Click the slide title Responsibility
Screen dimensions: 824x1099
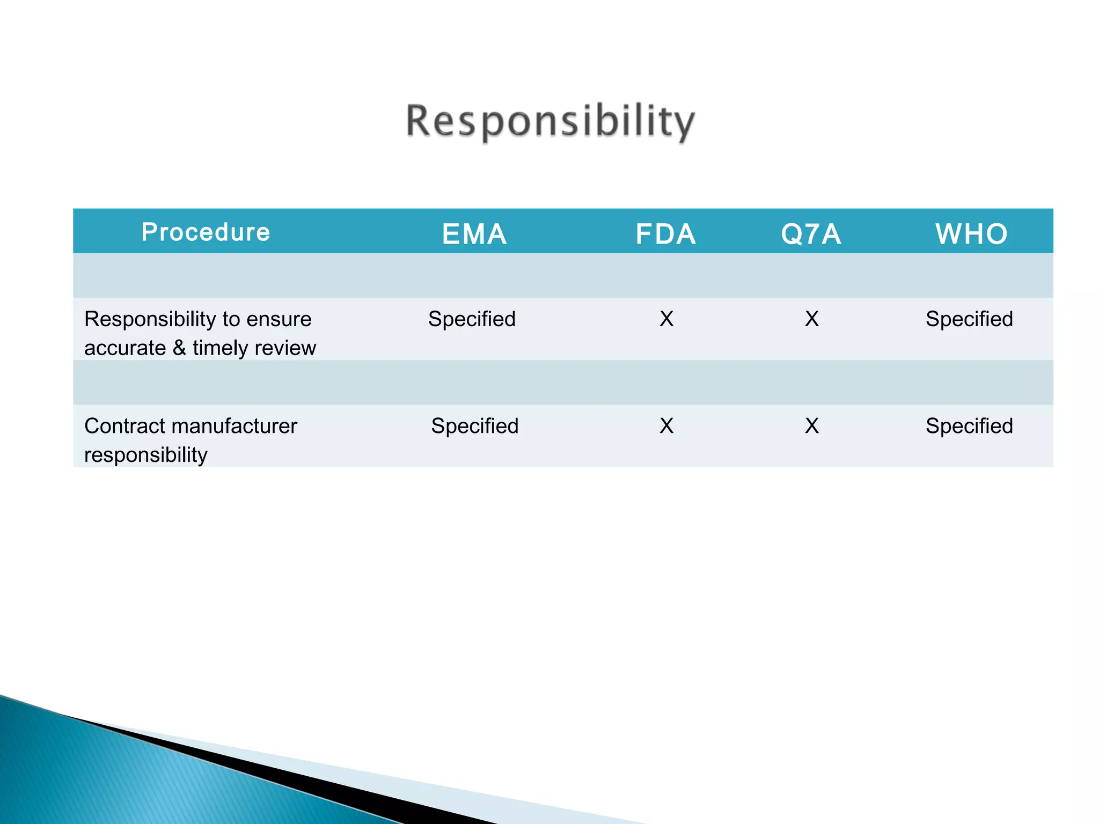pyautogui.click(x=550, y=122)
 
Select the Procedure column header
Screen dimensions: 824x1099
pyautogui.click(x=206, y=232)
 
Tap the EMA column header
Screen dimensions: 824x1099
pyautogui.click(x=474, y=234)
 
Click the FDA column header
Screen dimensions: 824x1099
pyautogui.click(x=665, y=234)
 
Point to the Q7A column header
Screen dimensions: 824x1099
pyautogui.click(x=811, y=234)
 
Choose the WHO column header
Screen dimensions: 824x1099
pyautogui.click(x=971, y=234)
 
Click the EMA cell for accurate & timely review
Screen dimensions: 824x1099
pyautogui.click(x=472, y=319)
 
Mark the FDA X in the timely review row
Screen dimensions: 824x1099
pyautogui.click(x=666, y=319)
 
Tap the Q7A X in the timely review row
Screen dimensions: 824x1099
pyautogui.click(x=812, y=319)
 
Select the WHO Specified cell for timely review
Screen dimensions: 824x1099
pyautogui.click(x=969, y=319)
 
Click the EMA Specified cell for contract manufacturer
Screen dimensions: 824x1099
pyautogui.click(x=475, y=426)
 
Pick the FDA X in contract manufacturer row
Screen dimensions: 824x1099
pyautogui.click(x=666, y=426)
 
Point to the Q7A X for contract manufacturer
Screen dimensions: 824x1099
pyautogui.click(x=812, y=426)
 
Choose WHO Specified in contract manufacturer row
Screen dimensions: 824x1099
pyautogui.click(x=969, y=426)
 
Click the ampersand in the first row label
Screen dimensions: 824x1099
pyautogui.click(x=179, y=348)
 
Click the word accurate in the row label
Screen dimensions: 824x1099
pyautogui.click(x=125, y=349)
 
